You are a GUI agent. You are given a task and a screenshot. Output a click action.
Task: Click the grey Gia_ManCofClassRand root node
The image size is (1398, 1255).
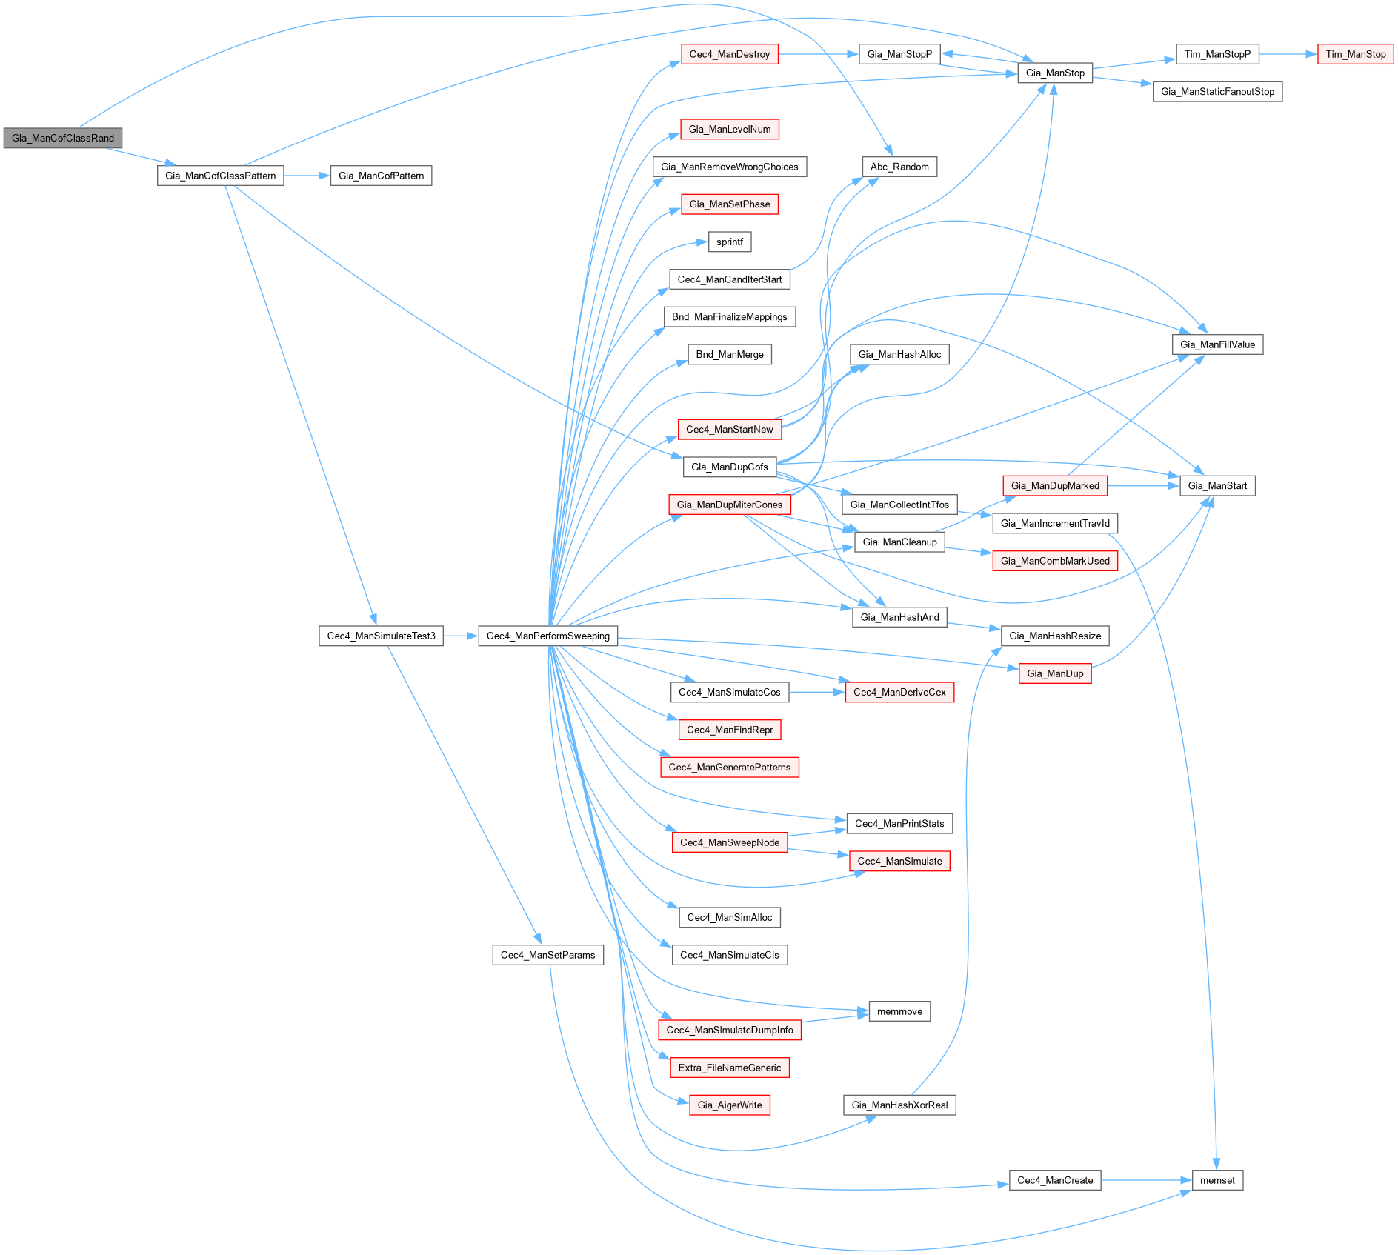63,138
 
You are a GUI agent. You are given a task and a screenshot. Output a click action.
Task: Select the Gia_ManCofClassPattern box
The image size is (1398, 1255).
220,176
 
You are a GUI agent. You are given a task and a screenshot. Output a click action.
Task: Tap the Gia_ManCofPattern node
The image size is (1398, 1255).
381,176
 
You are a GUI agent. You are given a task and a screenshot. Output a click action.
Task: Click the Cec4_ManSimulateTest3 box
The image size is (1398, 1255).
381,636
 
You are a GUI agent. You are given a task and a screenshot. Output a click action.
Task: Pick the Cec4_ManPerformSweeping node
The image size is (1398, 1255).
547,636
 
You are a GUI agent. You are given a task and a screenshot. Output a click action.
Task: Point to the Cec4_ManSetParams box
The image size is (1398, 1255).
547,955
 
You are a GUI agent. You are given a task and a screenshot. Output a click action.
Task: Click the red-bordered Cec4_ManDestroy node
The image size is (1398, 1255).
729,54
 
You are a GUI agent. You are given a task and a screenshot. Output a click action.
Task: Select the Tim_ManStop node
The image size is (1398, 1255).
1355,54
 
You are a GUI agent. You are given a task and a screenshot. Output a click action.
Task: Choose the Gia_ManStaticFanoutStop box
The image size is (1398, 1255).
1217,92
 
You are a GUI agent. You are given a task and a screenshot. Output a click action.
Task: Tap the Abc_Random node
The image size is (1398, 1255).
899,167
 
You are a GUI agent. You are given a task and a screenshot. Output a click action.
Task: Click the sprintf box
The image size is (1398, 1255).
729,242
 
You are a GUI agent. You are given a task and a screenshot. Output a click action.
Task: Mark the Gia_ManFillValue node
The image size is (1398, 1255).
1217,344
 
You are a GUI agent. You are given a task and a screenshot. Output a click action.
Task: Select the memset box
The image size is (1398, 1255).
1217,1180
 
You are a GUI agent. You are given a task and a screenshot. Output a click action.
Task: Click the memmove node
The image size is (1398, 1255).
899,1011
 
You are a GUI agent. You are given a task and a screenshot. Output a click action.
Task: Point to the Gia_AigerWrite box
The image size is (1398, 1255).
729,1105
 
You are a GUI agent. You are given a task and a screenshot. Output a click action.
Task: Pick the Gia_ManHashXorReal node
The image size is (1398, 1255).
899,1105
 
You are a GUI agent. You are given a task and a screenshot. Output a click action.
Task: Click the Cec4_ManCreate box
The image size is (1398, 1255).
1055,1180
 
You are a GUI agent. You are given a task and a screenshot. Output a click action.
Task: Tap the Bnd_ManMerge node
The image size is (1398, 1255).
729,354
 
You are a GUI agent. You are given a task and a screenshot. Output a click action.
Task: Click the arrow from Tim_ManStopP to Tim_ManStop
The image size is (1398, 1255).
1288,54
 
